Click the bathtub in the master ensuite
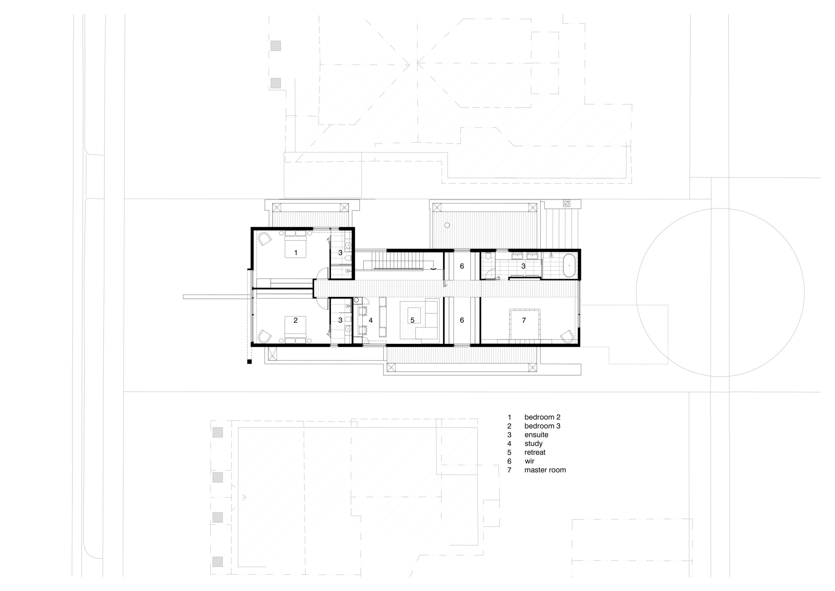pos(570,266)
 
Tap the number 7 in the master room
pos(524,320)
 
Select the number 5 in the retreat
pos(412,320)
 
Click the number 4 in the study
pos(371,320)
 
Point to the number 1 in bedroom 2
pos(296,253)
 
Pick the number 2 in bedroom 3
pos(295,320)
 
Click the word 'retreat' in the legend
pos(535,452)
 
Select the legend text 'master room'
pos(545,470)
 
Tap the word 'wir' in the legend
pos(529,461)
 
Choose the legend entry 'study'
pos(533,444)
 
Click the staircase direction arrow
pos(434,269)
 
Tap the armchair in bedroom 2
pos(265,239)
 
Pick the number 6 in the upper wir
pos(462,266)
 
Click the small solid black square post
pos(249,362)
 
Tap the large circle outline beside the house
pos(636,293)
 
